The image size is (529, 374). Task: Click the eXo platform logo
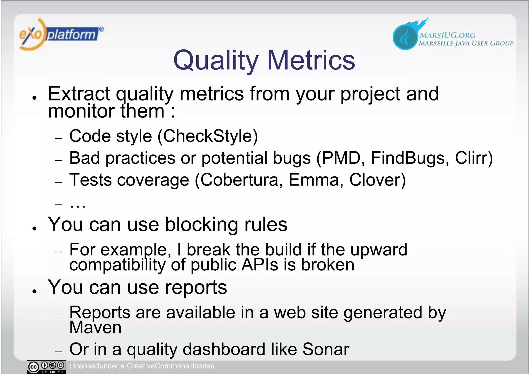click(x=61, y=34)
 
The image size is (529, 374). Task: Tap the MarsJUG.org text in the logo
click(x=447, y=35)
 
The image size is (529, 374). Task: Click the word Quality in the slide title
click(x=216, y=60)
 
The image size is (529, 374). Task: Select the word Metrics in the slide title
click(x=311, y=60)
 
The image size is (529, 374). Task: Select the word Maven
click(x=95, y=328)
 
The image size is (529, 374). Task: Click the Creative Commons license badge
click(x=46, y=367)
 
